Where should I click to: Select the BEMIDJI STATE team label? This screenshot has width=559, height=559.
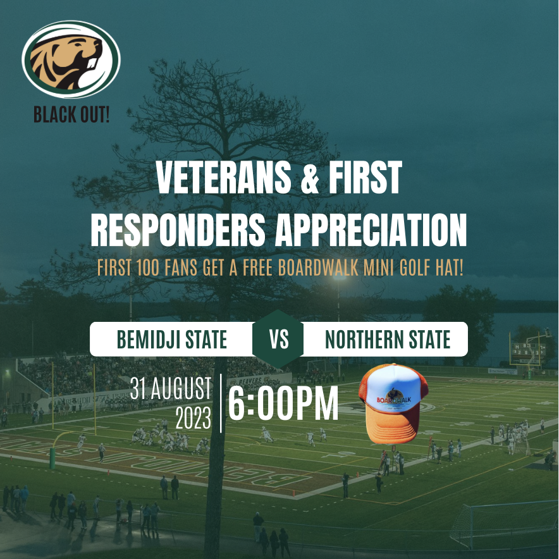tap(171, 340)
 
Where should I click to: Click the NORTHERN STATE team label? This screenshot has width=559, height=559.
tap(387, 340)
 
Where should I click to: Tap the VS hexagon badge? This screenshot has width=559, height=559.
tap(278, 340)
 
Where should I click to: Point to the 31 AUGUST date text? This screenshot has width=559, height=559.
tap(170, 389)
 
